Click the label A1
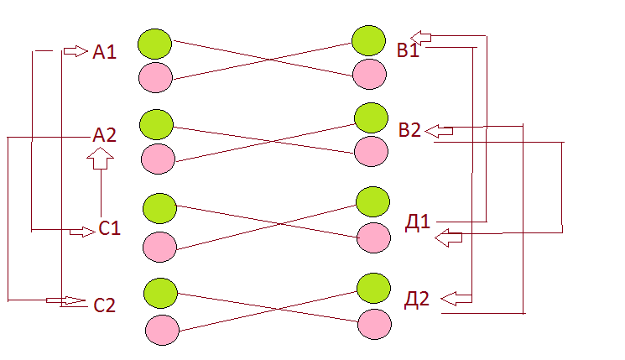[104, 53]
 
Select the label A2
[104, 134]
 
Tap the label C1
[110, 228]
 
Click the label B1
[409, 51]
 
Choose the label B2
[410, 129]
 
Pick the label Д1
[417, 223]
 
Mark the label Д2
[417, 300]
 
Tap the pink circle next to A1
[154, 76]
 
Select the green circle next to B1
[368, 40]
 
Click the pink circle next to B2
[371, 151]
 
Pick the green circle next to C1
[159, 207]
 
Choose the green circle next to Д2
[373, 288]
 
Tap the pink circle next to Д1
[373, 237]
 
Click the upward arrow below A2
[100, 157]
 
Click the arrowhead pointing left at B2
[439, 130]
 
